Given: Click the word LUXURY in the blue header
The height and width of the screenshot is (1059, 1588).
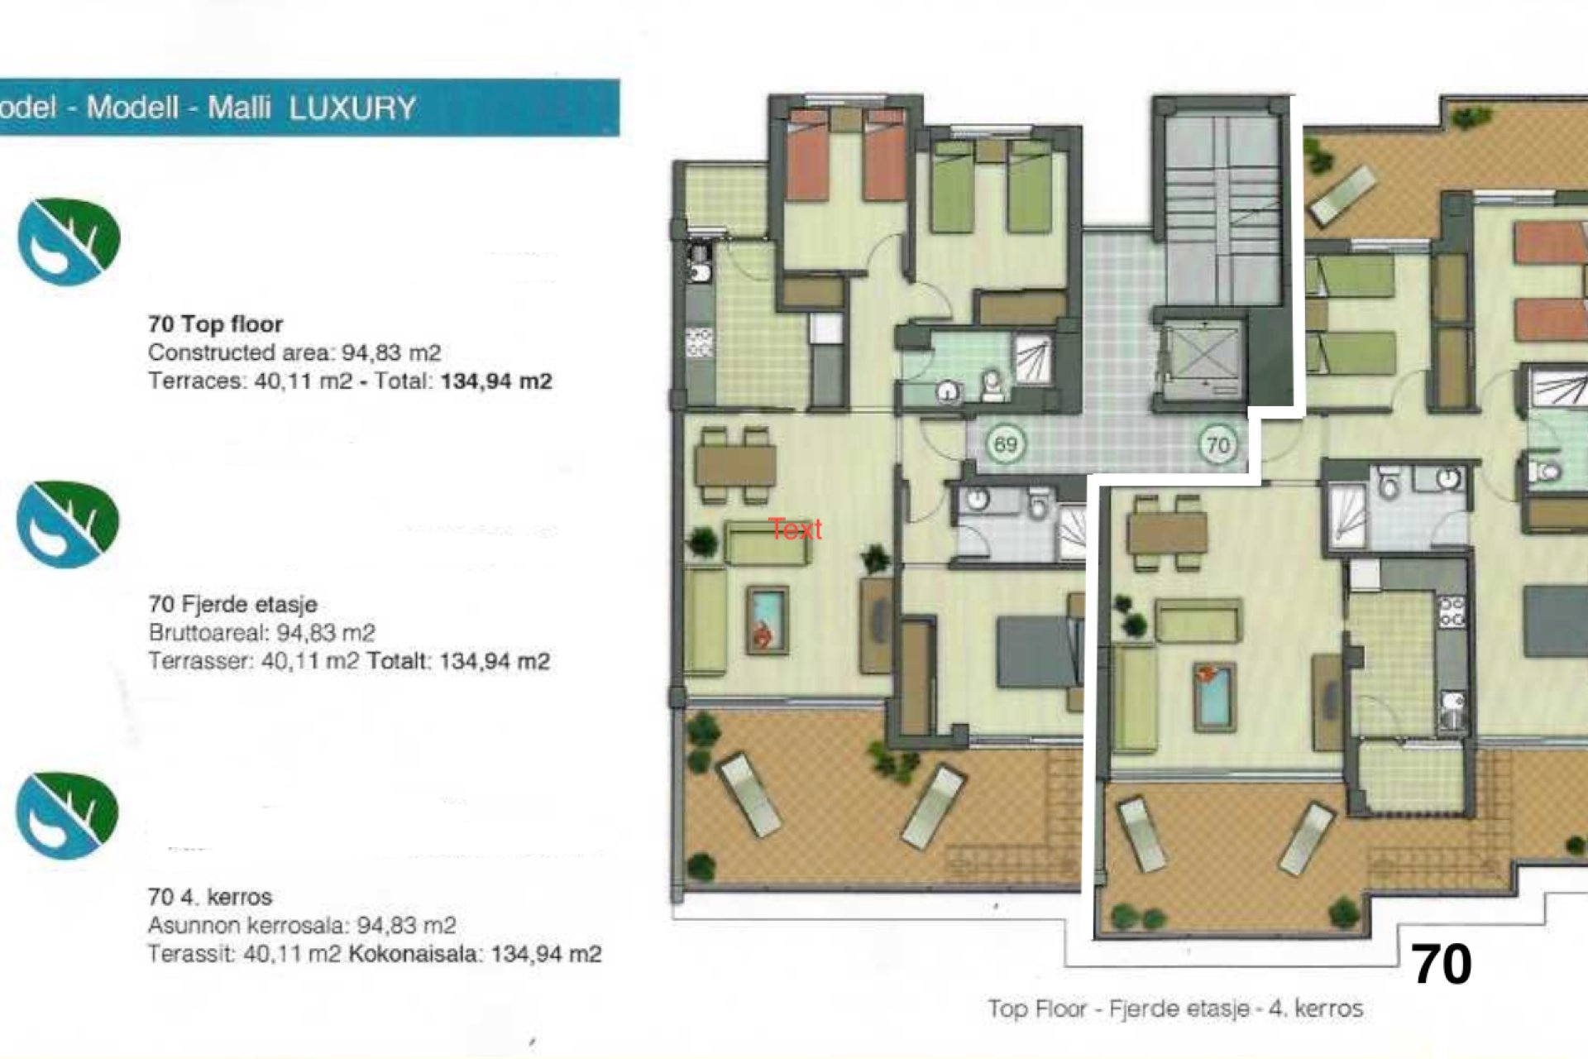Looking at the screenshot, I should point(352,108).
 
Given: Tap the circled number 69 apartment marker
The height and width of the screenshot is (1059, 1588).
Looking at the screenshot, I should point(1005,445).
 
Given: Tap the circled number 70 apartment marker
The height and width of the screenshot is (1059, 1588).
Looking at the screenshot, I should point(1217,446).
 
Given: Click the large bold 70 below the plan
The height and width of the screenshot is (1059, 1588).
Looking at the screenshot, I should point(1441,965).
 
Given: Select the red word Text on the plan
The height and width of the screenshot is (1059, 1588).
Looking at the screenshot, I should point(795,529).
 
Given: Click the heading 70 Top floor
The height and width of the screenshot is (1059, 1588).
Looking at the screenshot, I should point(215,324).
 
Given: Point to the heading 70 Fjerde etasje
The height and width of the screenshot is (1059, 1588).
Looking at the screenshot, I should point(232,604).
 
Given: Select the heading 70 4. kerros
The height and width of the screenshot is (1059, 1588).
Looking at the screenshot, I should point(209,897).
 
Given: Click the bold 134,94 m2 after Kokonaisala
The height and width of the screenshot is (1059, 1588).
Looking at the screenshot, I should point(546,954).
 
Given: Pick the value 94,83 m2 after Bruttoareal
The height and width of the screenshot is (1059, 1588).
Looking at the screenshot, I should point(325,633).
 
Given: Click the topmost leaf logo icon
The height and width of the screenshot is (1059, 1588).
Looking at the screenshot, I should point(69,242).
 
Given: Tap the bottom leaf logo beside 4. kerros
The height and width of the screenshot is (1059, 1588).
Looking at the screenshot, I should point(67,816).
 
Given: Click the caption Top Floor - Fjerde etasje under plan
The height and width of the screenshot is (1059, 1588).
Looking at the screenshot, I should point(1174,1009).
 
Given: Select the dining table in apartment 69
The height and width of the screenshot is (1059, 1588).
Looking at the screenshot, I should point(734,466).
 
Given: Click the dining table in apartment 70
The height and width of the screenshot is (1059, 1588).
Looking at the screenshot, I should point(1166,534).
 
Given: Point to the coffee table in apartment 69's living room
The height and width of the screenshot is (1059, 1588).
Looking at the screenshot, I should point(767,619).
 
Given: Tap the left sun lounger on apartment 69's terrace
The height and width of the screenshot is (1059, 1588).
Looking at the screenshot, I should point(749,794).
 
